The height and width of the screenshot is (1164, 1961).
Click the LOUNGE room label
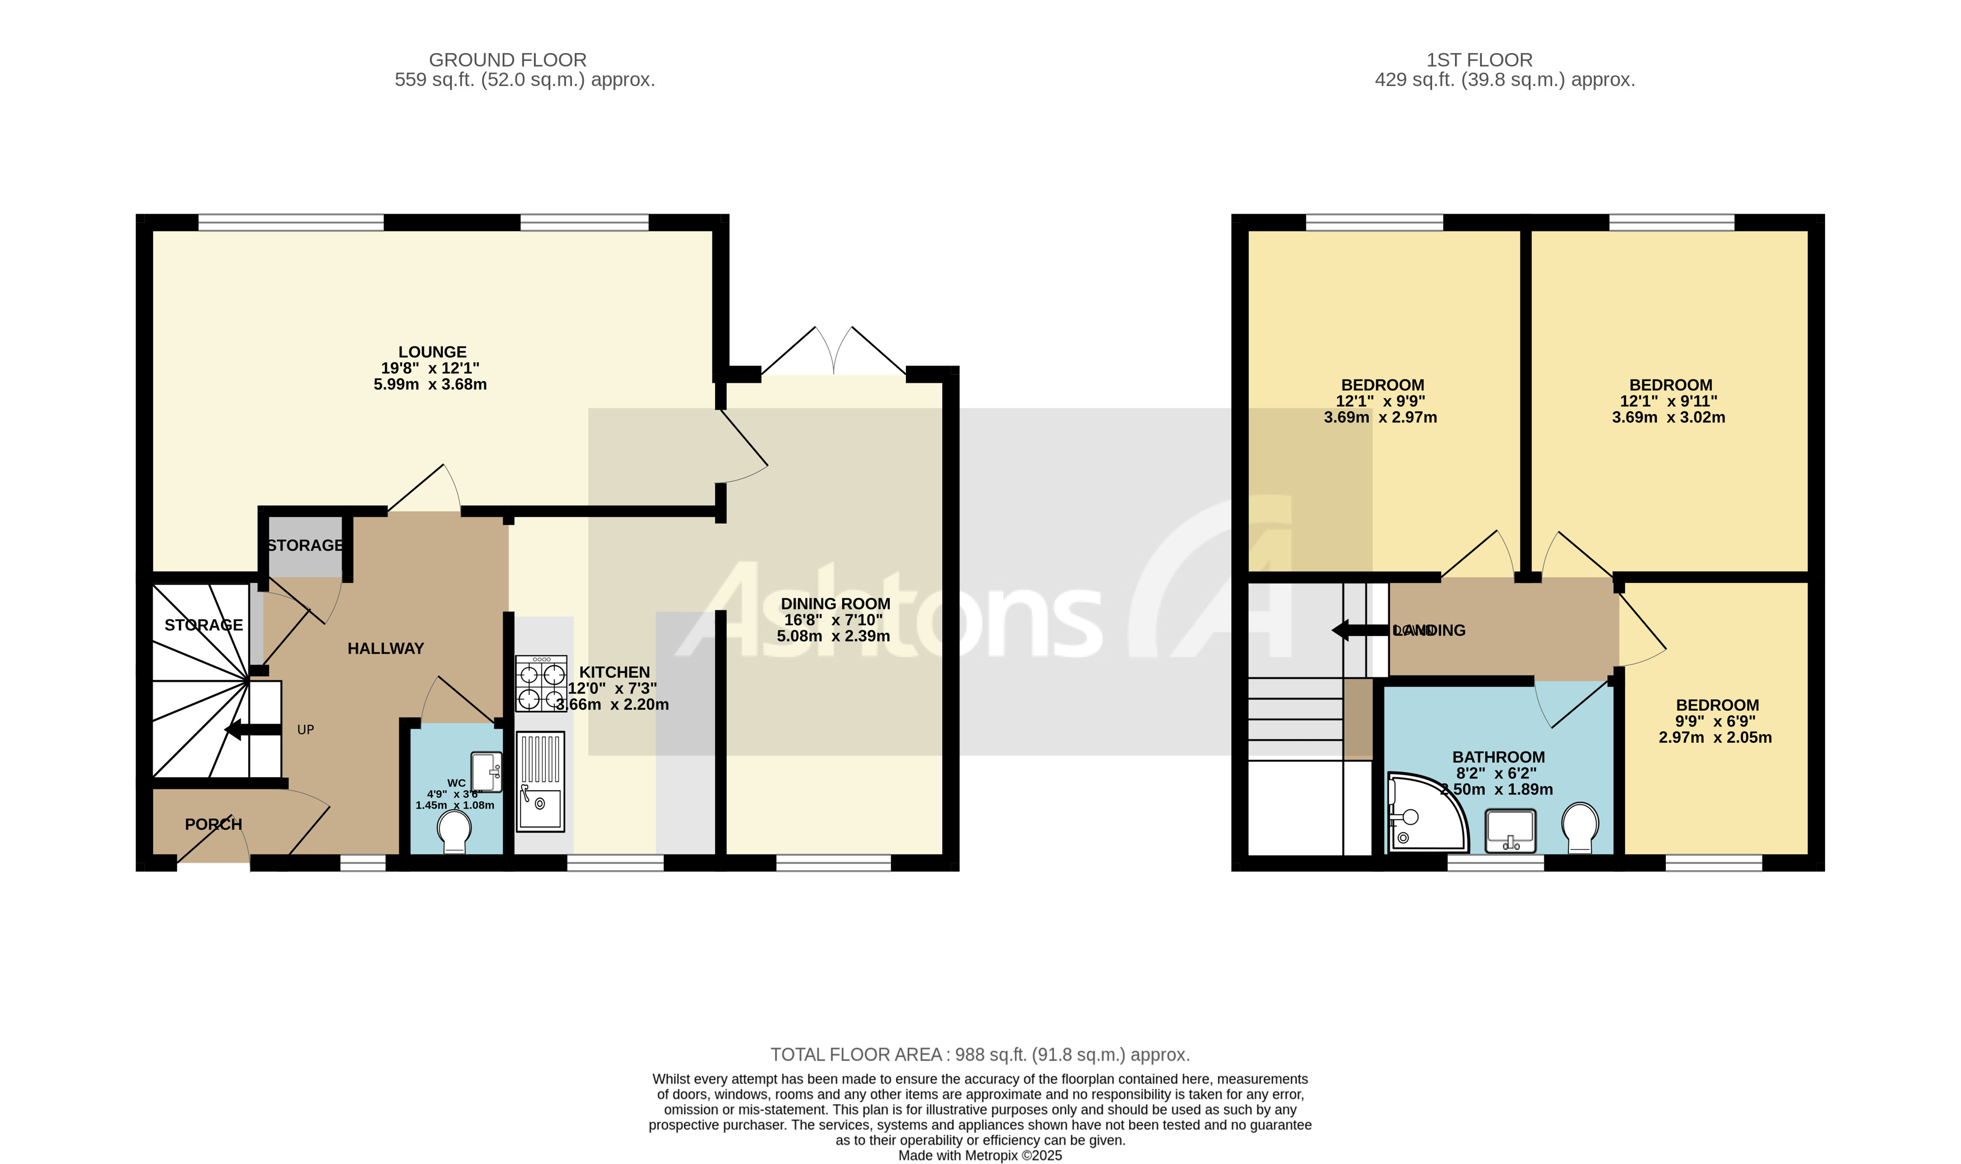click(432, 352)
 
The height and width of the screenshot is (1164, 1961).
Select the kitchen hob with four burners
click(541, 684)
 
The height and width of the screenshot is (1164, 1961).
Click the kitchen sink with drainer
click(540, 781)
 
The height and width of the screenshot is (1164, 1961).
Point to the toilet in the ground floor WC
click(455, 830)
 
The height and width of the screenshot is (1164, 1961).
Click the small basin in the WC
click(486, 772)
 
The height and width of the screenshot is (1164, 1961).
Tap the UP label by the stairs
click(305, 729)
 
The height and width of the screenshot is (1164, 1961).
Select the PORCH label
click(214, 824)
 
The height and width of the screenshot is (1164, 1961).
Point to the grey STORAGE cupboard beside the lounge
click(305, 545)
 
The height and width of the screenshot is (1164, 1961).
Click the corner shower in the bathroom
click(1424, 814)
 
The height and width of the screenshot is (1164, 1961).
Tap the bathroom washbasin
click(1510, 830)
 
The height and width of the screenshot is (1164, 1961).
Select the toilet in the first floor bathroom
click(1580, 826)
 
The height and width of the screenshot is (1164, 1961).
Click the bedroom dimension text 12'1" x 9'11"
click(1669, 401)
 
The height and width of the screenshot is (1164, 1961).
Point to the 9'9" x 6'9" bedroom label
click(1716, 721)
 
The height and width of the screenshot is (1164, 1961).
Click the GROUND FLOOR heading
click(507, 60)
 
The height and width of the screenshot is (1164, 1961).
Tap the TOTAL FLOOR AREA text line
click(979, 1054)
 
